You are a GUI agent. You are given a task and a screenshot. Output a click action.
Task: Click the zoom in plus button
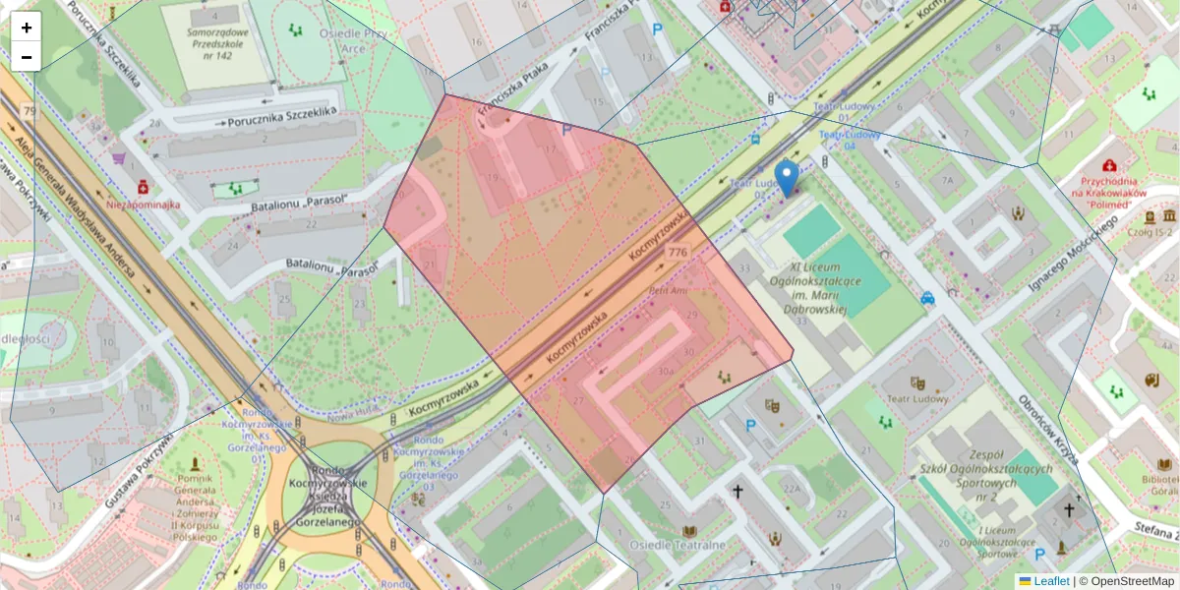click(27, 28)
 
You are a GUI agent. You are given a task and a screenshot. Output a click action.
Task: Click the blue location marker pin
click(786, 179)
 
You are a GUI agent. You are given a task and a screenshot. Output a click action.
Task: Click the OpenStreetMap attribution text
click(1131, 581)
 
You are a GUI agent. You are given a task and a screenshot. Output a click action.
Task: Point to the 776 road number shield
click(678, 253)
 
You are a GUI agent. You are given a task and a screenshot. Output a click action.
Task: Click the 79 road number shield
click(29, 111)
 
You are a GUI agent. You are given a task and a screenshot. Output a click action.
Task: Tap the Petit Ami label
click(666, 291)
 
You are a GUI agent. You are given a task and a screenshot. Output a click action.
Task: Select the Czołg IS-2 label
click(1150, 232)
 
